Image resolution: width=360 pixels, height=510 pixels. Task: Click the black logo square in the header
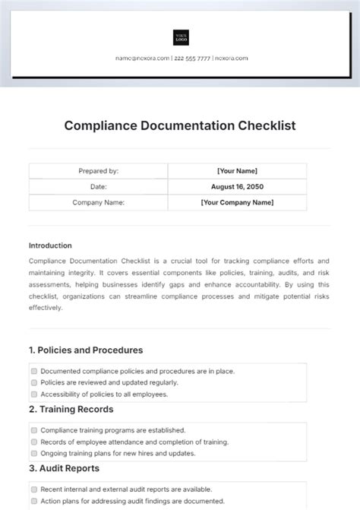click(x=181, y=37)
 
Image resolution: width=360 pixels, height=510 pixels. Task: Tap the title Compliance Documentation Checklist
click(x=179, y=125)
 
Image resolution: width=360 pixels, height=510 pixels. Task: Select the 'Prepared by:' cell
click(x=98, y=171)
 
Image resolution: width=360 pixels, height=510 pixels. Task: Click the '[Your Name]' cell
click(x=237, y=171)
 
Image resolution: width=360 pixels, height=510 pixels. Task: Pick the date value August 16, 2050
click(x=237, y=187)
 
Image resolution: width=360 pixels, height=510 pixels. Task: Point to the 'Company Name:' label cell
click(x=98, y=203)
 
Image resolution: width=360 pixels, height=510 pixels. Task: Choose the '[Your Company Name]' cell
click(x=237, y=203)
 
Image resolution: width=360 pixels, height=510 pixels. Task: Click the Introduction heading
click(x=50, y=245)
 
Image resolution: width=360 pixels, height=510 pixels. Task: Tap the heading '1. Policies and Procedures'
click(x=86, y=350)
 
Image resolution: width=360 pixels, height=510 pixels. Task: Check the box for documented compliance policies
click(x=34, y=371)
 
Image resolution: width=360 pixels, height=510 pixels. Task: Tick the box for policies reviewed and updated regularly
click(x=34, y=382)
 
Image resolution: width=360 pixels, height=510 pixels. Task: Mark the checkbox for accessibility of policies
click(x=34, y=394)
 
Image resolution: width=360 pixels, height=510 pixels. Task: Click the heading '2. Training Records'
click(x=71, y=409)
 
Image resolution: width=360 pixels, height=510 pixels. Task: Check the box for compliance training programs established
click(x=34, y=430)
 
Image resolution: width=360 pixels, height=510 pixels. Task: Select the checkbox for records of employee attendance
click(x=34, y=442)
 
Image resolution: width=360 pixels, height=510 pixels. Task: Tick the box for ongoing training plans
click(x=34, y=453)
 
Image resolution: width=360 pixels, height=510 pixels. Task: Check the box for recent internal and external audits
click(x=34, y=489)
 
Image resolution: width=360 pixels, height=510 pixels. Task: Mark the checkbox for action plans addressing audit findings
click(x=34, y=501)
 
